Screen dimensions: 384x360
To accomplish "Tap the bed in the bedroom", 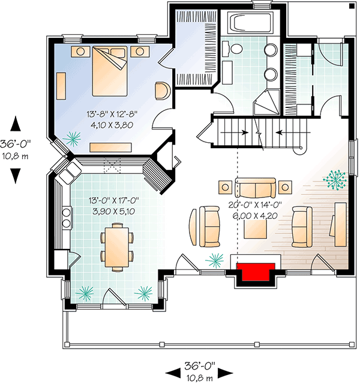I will pyautogui.click(x=112, y=71).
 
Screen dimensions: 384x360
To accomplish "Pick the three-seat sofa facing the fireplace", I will pyautogui.click(x=256, y=188).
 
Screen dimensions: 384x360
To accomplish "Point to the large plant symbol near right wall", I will pyautogui.click(x=334, y=180).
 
